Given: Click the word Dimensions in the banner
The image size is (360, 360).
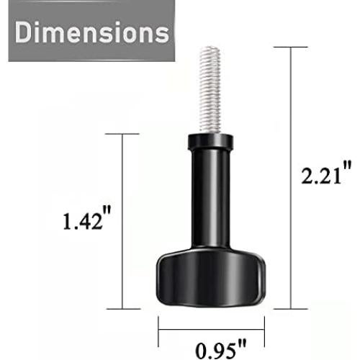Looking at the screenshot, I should pyautogui.click(x=90, y=33).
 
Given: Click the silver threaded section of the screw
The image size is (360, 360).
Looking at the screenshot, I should pyautogui.click(x=210, y=90).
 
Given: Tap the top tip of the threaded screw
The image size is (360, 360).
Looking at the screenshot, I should pyautogui.click(x=210, y=49).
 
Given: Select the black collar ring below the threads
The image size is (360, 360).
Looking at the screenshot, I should pyautogui.click(x=210, y=141).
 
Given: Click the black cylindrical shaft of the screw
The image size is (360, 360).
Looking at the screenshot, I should pyautogui.click(x=210, y=202).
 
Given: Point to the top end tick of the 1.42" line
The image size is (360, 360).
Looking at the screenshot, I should pyautogui.click(x=122, y=134).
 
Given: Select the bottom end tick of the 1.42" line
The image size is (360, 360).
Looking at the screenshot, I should pyautogui.click(x=122, y=309).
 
